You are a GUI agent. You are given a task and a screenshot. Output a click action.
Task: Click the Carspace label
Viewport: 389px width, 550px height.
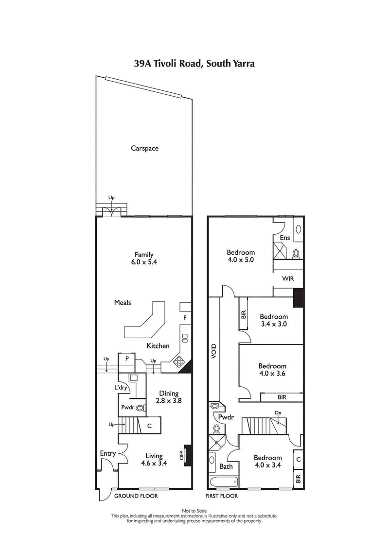tap(144, 148)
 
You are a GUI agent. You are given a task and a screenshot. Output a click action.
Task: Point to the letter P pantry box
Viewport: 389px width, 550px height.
tap(127, 359)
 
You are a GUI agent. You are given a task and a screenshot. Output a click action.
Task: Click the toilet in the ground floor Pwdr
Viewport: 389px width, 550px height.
tap(141, 409)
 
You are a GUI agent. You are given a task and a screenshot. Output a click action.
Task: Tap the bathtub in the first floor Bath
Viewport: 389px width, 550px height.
tap(223, 482)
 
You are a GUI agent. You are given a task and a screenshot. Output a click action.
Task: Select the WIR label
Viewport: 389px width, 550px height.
tap(288, 279)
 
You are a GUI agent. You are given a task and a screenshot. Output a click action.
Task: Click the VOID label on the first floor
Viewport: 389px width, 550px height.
tap(213, 351)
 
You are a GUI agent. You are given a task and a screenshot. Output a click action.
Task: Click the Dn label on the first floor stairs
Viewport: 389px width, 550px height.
tap(278, 412)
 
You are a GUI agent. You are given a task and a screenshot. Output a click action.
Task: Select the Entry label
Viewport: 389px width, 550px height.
tap(108, 454)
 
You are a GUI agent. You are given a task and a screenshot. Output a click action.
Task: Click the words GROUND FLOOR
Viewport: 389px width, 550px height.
tap(136, 496)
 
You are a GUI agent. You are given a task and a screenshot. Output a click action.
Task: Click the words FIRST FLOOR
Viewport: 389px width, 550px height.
tap(222, 496)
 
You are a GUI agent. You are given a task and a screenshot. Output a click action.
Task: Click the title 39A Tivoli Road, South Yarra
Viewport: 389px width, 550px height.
tap(194, 63)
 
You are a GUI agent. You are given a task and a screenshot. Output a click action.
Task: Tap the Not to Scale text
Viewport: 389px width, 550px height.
tap(194, 511)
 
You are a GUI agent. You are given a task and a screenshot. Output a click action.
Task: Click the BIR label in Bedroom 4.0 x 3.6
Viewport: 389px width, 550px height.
tap(282, 397)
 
